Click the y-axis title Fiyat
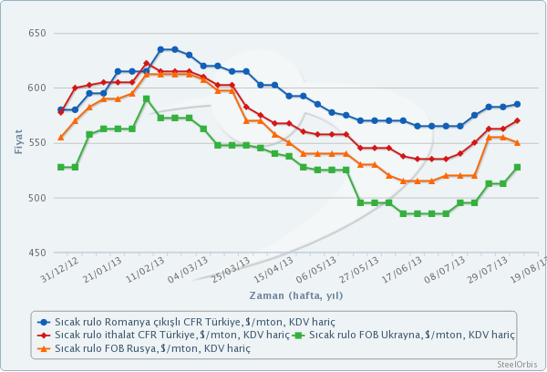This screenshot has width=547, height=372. click(x=18, y=143)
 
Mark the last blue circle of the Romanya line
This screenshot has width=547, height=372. click(x=517, y=104)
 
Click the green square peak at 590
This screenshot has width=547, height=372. click(x=146, y=98)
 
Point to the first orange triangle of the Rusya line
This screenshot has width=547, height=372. click(x=61, y=138)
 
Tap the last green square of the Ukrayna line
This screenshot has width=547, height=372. click(x=517, y=167)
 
